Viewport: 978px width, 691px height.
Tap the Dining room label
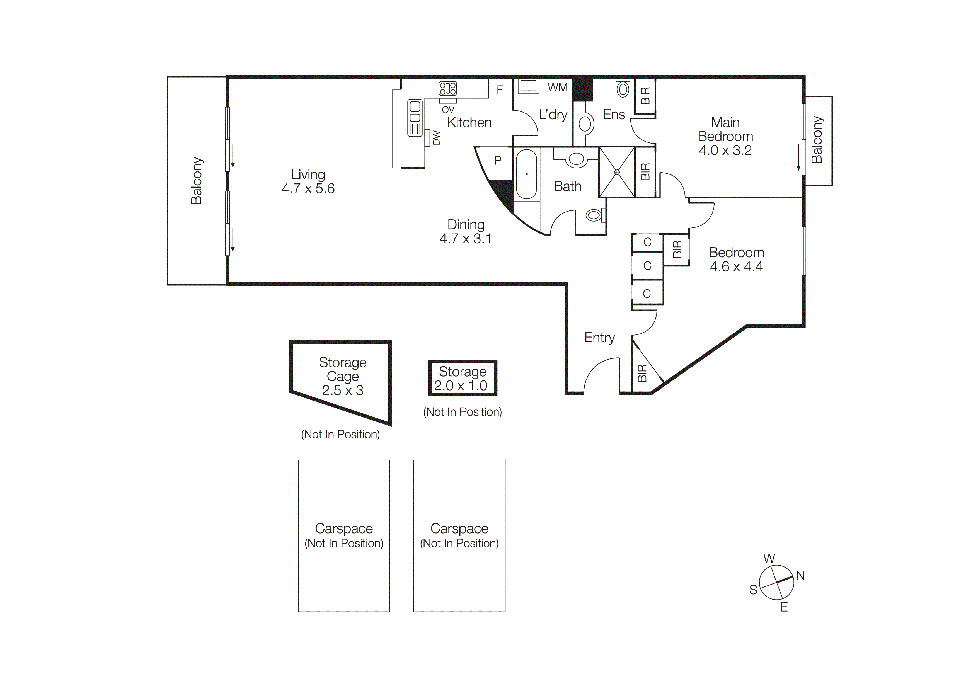[x=466, y=225]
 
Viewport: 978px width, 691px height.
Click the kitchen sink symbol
[x=415, y=118]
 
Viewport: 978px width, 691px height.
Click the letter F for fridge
[x=500, y=89]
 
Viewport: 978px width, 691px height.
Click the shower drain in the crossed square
[x=617, y=172]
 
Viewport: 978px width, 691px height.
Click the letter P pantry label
[x=498, y=161]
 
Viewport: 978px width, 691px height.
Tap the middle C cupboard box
[x=647, y=266]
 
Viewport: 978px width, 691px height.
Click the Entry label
[x=599, y=338]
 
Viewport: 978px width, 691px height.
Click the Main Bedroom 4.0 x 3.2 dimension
[x=725, y=150]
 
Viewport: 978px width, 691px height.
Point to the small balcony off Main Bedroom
[x=818, y=140]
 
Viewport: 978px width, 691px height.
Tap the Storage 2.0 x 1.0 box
[x=462, y=378]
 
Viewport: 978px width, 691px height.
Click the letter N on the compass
[x=800, y=576]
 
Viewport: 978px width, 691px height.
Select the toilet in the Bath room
[x=594, y=215]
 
